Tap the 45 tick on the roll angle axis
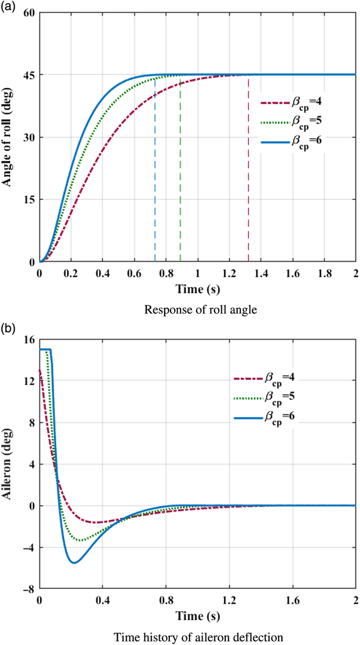[28, 75]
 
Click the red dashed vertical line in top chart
[248, 170]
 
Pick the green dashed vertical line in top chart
[180, 170]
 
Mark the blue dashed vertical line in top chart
[155, 170]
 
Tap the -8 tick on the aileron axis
[27, 589]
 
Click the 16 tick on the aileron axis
[28, 339]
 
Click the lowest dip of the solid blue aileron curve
[74, 562]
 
